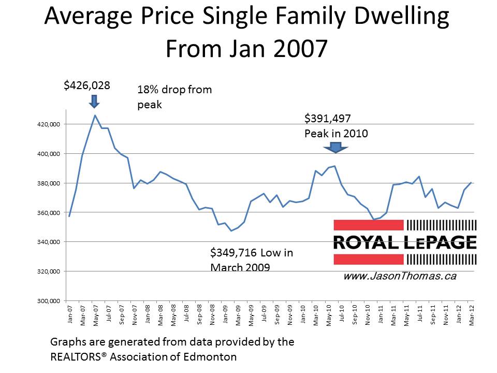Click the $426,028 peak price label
click(87, 85)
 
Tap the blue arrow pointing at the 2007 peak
click(94, 101)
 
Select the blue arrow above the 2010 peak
click(336, 148)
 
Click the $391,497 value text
click(328, 119)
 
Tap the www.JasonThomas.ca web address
click(400, 276)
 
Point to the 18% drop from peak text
click(174, 96)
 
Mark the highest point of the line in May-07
click(95, 115)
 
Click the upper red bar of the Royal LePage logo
click(368, 225)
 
